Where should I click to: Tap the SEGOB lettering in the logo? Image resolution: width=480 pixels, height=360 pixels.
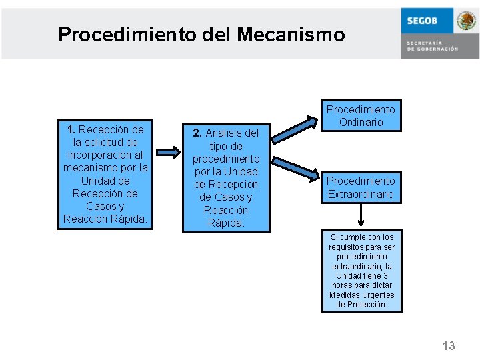coord(422,21)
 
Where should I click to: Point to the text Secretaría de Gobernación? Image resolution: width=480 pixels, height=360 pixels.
coord(432,45)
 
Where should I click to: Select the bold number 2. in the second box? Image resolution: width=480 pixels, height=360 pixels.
coord(197,133)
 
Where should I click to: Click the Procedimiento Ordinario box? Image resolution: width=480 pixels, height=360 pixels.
coord(361,116)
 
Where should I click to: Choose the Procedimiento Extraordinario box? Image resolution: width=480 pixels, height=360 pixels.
coord(361,188)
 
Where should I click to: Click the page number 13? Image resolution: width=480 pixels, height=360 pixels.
coord(449,345)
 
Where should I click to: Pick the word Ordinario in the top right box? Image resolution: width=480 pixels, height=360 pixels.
coord(361,123)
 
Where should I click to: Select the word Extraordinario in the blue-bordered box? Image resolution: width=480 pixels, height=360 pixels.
coord(361,195)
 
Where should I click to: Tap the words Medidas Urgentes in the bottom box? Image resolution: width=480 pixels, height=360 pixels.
coord(361,295)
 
